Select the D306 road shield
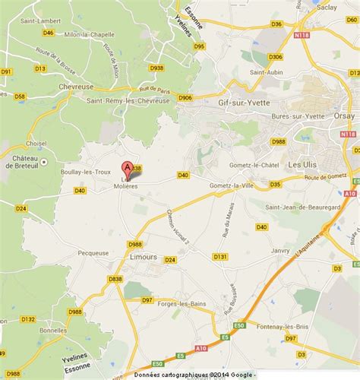click(276, 56)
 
